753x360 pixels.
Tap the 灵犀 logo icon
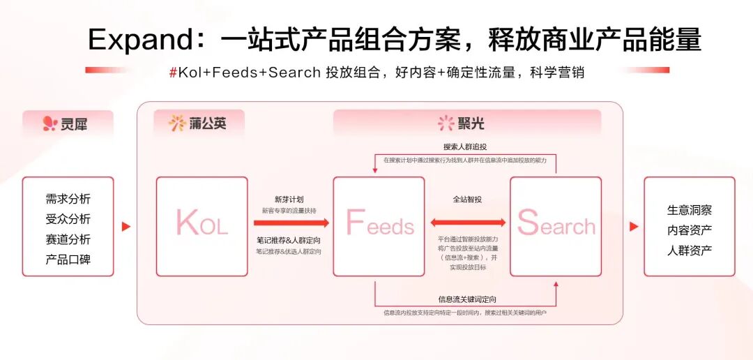click(49, 124)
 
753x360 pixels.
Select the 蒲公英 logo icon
click(176, 123)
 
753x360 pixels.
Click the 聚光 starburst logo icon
click(446, 123)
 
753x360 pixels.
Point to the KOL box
click(201, 225)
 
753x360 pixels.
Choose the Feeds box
click(379, 225)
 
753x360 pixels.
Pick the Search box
click(556, 225)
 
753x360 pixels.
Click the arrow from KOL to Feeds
click(291, 223)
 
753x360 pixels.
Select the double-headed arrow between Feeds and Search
click(467, 223)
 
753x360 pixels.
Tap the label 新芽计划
click(289, 199)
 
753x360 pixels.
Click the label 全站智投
click(467, 199)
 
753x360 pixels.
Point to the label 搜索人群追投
click(465, 147)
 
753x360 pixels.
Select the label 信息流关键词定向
click(466, 299)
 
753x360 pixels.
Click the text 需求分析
click(68, 200)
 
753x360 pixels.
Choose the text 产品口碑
click(68, 260)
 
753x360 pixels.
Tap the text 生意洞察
click(690, 210)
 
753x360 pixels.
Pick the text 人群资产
click(690, 250)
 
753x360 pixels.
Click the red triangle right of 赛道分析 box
click(126, 227)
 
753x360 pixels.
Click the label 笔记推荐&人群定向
click(289, 241)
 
